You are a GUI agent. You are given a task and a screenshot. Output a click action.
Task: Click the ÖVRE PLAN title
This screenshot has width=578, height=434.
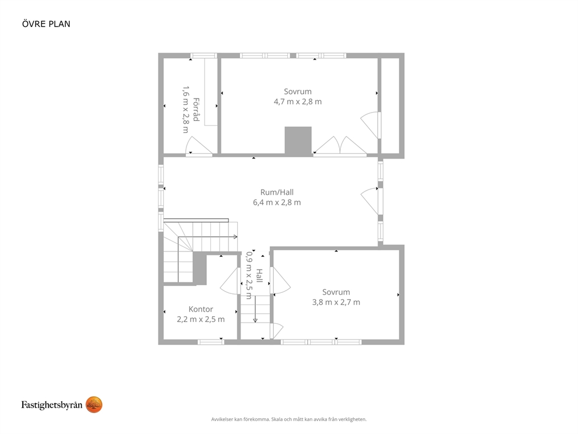point(46,24)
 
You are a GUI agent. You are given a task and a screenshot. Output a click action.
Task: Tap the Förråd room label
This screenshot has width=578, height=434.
point(196,110)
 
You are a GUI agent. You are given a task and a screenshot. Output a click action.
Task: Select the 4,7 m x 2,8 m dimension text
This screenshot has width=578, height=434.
point(298,102)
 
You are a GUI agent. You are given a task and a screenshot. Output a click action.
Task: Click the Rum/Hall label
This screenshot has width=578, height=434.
point(277,192)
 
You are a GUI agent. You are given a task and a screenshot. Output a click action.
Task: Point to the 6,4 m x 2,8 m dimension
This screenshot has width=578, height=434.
point(277,202)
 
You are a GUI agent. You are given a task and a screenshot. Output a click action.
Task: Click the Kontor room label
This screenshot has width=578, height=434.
point(201,309)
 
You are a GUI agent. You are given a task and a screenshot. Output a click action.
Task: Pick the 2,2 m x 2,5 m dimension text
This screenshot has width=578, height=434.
point(201,320)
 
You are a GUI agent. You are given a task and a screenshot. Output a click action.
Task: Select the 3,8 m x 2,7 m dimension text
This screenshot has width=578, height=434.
point(336,302)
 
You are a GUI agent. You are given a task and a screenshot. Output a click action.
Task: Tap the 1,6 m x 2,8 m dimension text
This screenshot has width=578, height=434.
point(186,110)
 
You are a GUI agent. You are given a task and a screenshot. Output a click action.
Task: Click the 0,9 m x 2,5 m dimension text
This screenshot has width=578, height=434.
point(249,275)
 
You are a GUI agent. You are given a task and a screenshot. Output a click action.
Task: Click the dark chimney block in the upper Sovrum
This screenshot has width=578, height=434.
point(298,141)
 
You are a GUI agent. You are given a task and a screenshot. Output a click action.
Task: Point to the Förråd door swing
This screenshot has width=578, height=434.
point(199,146)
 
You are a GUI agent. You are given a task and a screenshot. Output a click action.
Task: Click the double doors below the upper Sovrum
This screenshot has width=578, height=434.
point(340,146)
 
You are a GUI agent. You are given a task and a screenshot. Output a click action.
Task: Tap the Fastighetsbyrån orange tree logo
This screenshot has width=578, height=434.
point(94,405)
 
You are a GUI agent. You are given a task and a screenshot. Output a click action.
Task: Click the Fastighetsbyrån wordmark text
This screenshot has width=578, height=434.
point(52,405)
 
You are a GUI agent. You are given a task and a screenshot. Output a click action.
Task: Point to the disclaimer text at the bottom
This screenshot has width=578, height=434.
point(289,419)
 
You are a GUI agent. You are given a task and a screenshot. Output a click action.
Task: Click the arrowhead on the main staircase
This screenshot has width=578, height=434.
point(235,237)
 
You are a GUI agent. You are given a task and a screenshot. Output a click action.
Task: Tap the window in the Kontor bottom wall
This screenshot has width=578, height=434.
point(211,342)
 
